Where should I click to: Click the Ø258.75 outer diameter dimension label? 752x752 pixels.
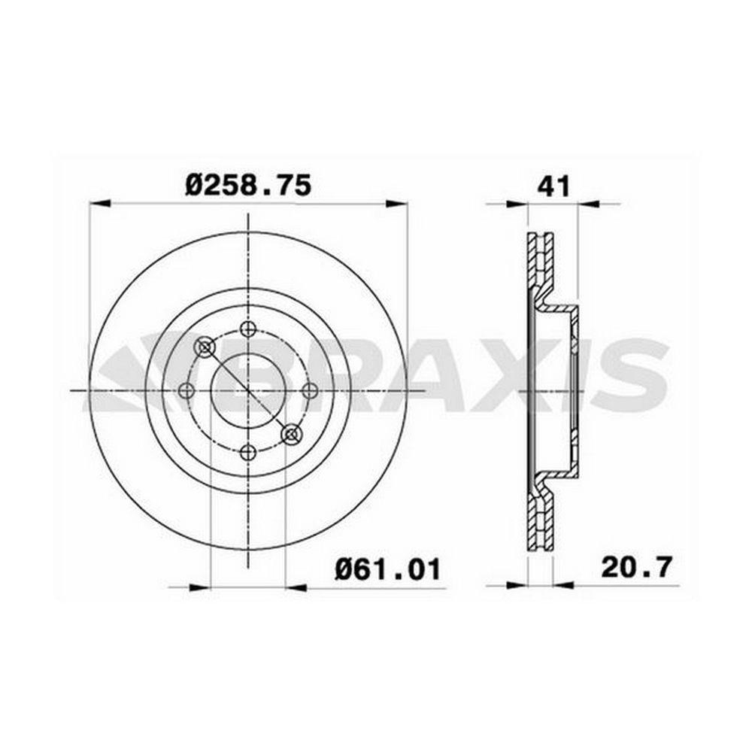pyautogui.click(x=248, y=186)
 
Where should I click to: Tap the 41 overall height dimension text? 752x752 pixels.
pyautogui.click(x=554, y=186)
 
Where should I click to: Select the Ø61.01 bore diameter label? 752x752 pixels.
pyautogui.click(x=387, y=570)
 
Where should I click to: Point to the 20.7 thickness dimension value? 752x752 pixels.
pyautogui.click(x=637, y=568)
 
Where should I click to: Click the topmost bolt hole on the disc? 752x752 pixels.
pyautogui.click(x=248, y=329)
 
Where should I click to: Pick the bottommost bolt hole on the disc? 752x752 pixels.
pyautogui.click(x=248, y=452)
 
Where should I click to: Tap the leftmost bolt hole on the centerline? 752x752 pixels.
pyautogui.click(x=186, y=391)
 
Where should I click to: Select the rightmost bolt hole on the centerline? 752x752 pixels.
pyautogui.click(x=309, y=391)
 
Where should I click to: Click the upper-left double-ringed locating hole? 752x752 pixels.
pyautogui.click(x=205, y=347)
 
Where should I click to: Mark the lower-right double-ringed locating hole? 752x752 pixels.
pyautogui.click(x=291, y=434)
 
